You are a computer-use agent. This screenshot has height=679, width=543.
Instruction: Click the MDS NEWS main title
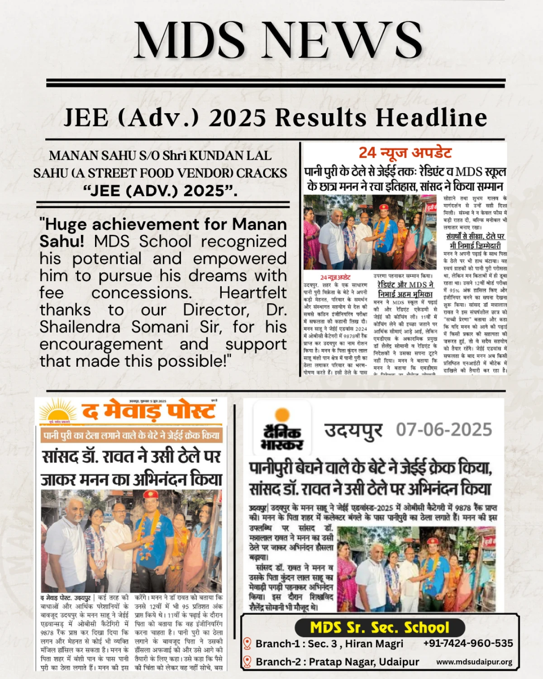click(278, 40)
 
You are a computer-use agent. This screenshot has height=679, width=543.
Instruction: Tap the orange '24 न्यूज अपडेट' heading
click(405, 153)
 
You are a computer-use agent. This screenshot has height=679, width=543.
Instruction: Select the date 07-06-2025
click(444, 429)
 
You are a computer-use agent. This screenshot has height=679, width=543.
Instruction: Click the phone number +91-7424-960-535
click(468, 643)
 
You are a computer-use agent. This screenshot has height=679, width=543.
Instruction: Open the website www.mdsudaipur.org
click(474, 662)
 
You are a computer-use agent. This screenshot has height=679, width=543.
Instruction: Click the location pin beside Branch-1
click(247, 643)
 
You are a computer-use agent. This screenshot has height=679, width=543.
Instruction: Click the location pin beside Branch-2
click(247, 662)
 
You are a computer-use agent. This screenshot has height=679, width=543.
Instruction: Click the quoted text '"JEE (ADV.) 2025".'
click(161, 191)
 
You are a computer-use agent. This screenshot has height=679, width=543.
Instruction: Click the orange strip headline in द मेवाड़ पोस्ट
click(131, 435)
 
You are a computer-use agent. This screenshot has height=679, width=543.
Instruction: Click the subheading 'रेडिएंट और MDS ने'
click(405, 285)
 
